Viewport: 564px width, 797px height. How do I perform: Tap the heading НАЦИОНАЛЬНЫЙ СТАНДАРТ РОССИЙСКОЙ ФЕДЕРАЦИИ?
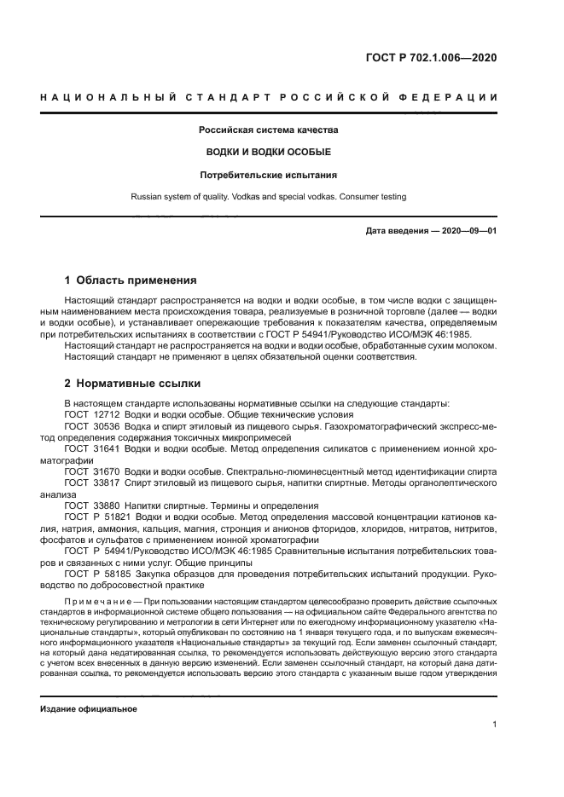(269, 97)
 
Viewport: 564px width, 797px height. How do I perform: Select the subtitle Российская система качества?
(269, 130)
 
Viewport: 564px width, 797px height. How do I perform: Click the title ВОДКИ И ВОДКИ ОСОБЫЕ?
(269, 153)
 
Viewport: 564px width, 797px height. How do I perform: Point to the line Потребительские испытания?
(269, 175)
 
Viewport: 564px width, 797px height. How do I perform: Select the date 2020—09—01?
(468, 231)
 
